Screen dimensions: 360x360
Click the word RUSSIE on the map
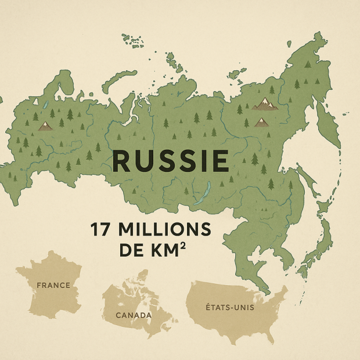[x=171, y=161]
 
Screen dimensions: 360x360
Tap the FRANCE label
[x=53, y=285]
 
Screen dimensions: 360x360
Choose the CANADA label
[x=134, y=315]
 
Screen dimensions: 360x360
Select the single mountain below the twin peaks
[x=262, y=122]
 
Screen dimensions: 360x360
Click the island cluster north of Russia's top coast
[x=134, y=39]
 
